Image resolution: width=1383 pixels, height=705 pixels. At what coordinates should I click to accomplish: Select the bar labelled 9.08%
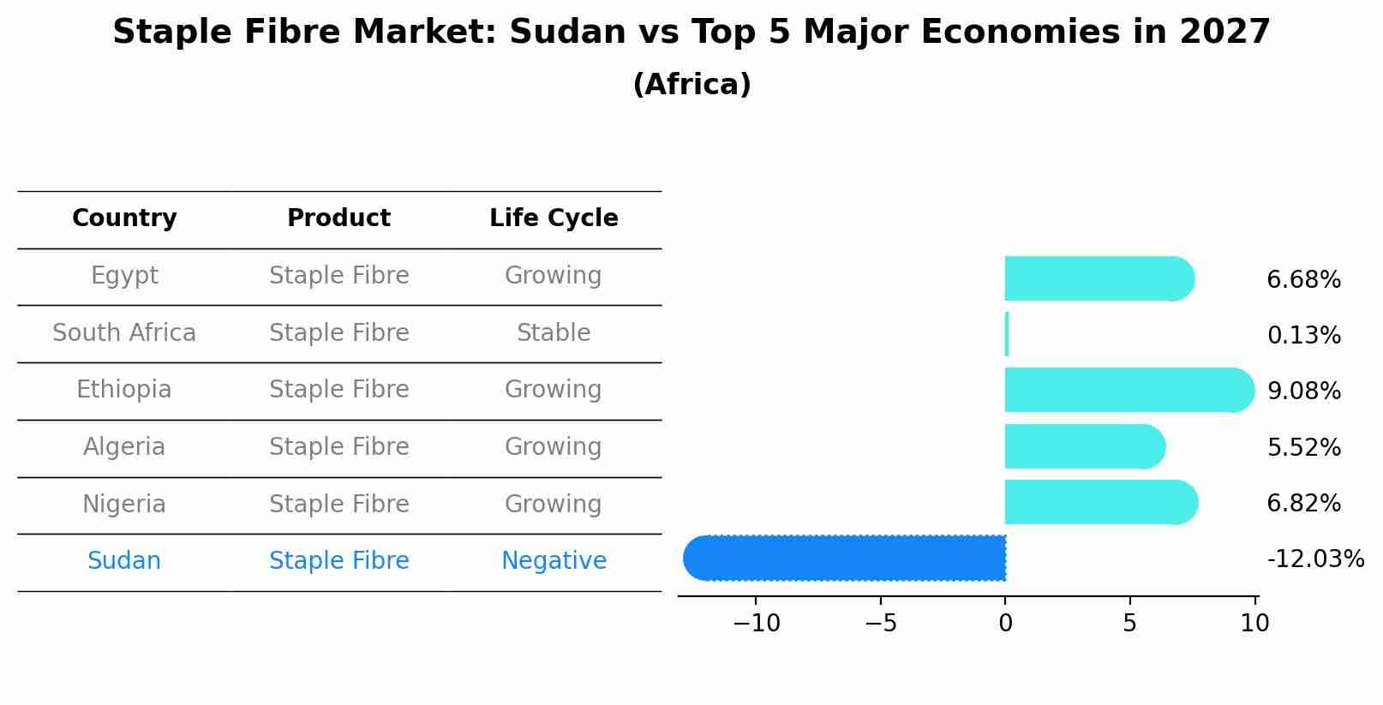pos(1127,390)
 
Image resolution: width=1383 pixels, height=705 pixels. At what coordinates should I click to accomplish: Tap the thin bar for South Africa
pos(1007,334)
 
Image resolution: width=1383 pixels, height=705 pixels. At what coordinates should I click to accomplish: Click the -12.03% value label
pos(1314,559)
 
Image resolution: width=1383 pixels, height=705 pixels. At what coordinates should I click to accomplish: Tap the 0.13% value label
pos(1303,336)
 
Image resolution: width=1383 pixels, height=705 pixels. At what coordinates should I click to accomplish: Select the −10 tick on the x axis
pos(756,624)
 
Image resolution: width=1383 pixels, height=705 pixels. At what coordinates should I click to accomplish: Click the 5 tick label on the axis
pos(1129,624)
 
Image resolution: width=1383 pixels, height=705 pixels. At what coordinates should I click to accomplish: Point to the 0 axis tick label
pos(1005,624)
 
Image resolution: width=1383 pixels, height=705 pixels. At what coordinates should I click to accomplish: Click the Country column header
pos(124,218)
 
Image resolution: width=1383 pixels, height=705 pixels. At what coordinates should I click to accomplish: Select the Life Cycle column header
pos(554,218)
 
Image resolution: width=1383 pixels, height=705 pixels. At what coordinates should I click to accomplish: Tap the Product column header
pos(338,218)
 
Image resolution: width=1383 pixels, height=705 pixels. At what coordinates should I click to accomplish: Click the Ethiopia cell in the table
pos(124,390)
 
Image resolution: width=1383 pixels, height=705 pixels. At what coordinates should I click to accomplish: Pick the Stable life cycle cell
pos(554,332)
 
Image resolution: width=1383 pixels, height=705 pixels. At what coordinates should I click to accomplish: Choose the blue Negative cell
pos(554,561)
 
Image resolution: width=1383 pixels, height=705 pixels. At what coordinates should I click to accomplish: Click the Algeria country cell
pos(124,447)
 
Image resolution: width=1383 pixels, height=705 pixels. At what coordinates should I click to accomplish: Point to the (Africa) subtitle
pos(691,85)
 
